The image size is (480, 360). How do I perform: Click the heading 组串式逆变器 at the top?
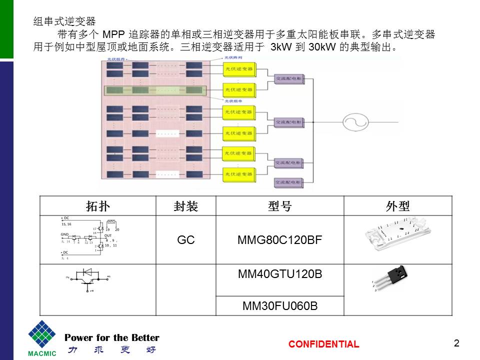click(64, 21)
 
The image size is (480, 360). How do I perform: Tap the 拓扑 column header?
click(98, 206)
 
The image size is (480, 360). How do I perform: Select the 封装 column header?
click(185, 206)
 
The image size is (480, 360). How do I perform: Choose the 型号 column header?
click(279, 206)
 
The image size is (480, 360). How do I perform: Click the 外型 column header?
click(397, 206)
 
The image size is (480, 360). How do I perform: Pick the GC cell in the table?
click(185, 240)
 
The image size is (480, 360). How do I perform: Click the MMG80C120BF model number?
click(279, 240)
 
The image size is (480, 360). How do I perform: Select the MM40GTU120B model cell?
click(279, 274)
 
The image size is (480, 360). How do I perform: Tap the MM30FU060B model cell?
click(279, 305)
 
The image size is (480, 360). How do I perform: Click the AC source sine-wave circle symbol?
click(355, 121)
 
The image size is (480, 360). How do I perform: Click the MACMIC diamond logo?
click(42, 335)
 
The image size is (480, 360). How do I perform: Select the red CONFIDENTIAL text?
click(323, 344)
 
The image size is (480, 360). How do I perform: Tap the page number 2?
click(456, 343)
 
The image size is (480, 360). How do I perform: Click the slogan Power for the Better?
click(112, 337)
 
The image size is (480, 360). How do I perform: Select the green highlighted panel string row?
click(154, 90)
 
